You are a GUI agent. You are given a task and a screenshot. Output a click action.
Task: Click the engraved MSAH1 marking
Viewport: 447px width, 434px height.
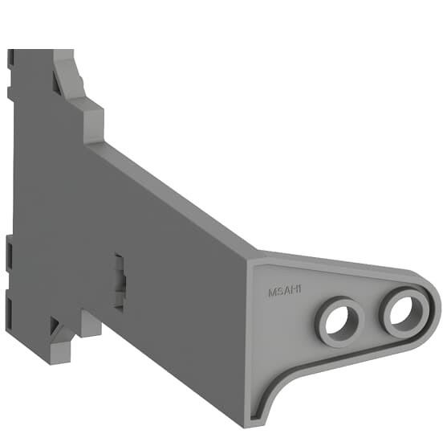click(285, 292)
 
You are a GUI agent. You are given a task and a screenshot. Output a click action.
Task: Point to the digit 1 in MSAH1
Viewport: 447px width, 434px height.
click(299, 290)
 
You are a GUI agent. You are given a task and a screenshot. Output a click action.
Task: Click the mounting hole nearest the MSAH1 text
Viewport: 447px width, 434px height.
click(339, 321)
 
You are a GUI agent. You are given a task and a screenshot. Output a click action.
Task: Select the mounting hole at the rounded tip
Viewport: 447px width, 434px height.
click(404, 311)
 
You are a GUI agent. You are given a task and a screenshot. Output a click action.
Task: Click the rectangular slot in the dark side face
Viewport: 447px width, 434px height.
click(119, 281)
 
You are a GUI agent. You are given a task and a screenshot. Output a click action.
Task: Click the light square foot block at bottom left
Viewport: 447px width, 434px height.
click(60, 352)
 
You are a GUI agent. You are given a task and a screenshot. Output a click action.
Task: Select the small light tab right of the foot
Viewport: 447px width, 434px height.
click(91, 324)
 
